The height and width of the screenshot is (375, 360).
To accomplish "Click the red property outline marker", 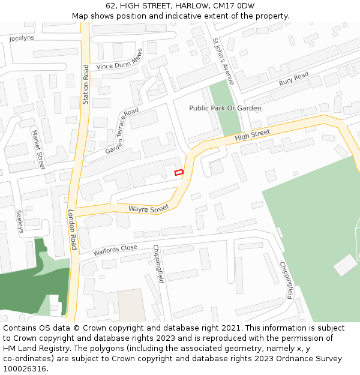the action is pos(178,173).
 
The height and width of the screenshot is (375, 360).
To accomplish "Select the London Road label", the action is pos(72,230).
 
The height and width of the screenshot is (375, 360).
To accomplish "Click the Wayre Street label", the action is pos(149,209).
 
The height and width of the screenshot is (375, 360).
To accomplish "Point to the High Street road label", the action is pos(253,136).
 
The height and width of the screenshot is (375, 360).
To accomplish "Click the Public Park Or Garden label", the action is pos(225,108).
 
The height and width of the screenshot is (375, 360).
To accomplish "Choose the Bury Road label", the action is pos(293,77).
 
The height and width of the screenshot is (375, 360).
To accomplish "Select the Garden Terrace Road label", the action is pos(122,131).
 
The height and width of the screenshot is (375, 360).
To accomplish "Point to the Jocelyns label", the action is pos(22,38).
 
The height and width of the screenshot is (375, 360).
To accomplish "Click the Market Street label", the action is pos(38,149).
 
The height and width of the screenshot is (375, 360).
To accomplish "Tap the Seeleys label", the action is pos(20,221).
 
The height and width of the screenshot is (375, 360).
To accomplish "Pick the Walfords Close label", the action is pos(115,249).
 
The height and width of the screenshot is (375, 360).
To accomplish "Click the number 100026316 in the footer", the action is pos(25,369).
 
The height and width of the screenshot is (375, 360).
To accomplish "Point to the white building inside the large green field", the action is pos(345,265).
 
